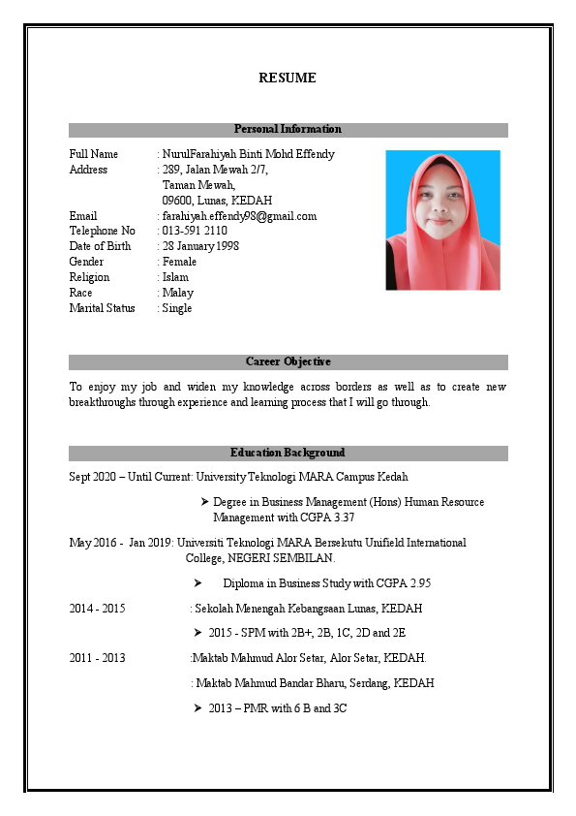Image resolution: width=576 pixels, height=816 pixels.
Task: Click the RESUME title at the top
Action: tap(288, 78)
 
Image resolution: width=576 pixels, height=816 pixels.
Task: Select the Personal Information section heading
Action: tap(288, 129)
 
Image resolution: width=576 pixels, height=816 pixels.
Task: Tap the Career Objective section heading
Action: tap(288, 361)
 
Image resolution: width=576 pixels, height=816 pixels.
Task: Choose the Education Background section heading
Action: tap(288, 453)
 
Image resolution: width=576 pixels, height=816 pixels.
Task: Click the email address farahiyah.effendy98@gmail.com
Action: tap(239, 216)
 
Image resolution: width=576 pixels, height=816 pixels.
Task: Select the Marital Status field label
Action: tap(104, 308)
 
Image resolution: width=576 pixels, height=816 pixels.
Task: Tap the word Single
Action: tap(177, 308)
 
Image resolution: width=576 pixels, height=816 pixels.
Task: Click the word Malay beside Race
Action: tap(178, 293)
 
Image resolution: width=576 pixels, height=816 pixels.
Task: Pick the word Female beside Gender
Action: tap(179, 262)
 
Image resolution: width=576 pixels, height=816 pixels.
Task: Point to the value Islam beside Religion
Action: tap(175, 277)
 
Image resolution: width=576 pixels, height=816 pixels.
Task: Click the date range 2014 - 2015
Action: tap(97, 609)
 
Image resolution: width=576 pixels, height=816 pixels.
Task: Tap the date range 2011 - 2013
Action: tap(97, 658)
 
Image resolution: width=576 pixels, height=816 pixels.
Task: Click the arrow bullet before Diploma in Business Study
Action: tap(197, 583)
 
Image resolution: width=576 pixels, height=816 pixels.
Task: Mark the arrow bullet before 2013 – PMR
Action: tap(198, 708)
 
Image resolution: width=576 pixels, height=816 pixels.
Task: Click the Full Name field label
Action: tap(94, 154)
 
